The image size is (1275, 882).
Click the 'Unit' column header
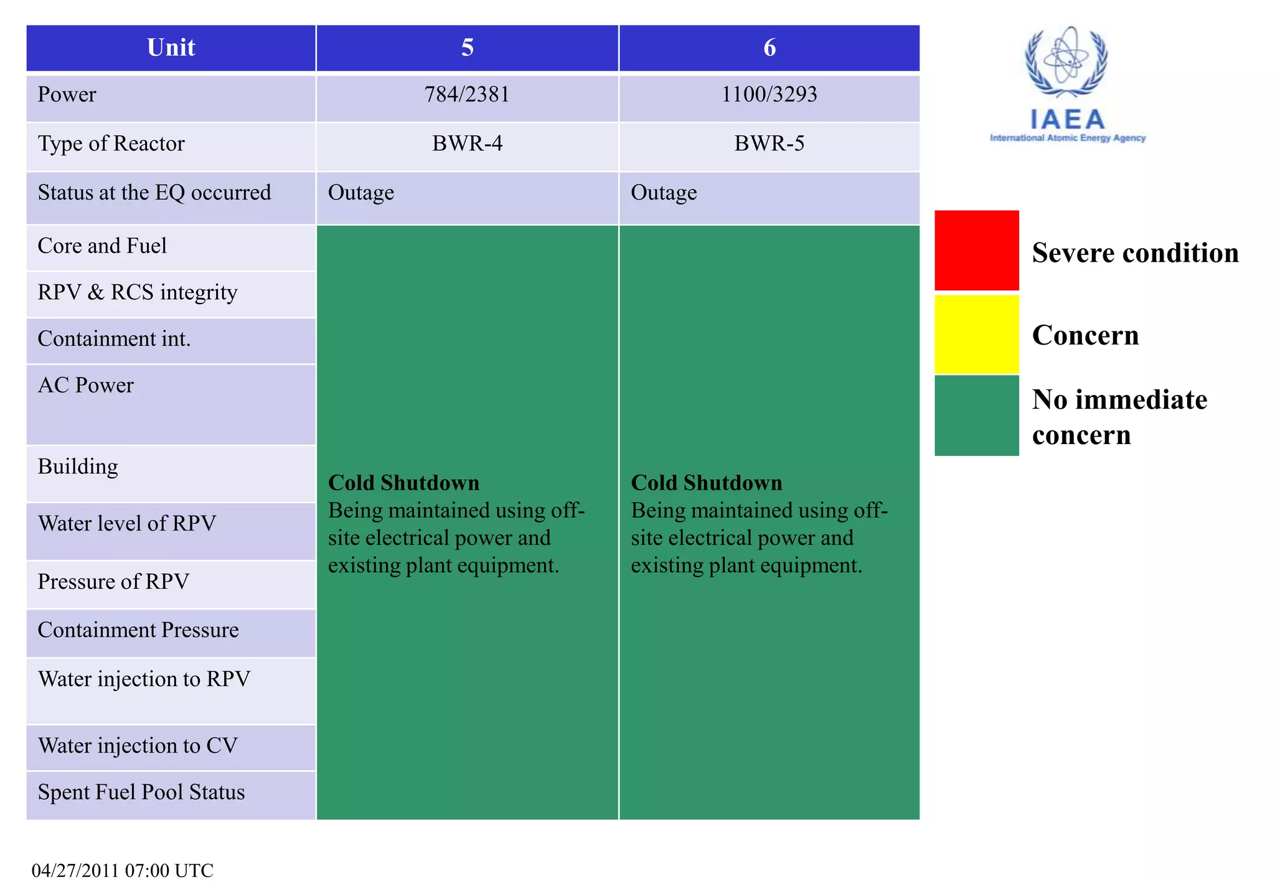(x=171, y=48)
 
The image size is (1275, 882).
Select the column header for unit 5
(x=467, y=48)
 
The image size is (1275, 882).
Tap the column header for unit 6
(x=769, y=48)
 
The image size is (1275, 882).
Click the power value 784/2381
(x=467, y=95)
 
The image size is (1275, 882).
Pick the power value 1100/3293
(x=769, y=95)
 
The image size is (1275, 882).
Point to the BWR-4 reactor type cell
(x=467, y=144)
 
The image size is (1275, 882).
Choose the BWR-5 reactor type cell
(x=769, y=144)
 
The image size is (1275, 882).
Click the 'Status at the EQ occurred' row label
(x=154, y=193)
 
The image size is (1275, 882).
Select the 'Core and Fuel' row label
(x=102, y=246)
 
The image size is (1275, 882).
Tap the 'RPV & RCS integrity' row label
(x=138, y=292)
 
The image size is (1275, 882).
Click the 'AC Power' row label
(x=86, y=386)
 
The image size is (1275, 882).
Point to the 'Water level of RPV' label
(x=127, y=524)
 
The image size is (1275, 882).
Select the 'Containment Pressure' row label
(x=138, y=630)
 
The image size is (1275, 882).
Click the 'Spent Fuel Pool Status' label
(x=141, y=792)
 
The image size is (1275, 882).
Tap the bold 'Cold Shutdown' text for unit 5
(x=403, y=483)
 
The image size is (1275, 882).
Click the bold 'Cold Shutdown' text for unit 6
(x=707, y=483)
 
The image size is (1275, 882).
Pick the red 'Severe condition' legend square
(x=976, y=250)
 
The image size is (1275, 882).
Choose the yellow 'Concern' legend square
(x=976, y=334)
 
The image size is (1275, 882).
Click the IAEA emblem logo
(x=1067, y=62)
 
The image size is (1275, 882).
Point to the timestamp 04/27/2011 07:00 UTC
(x=123, y=870)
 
